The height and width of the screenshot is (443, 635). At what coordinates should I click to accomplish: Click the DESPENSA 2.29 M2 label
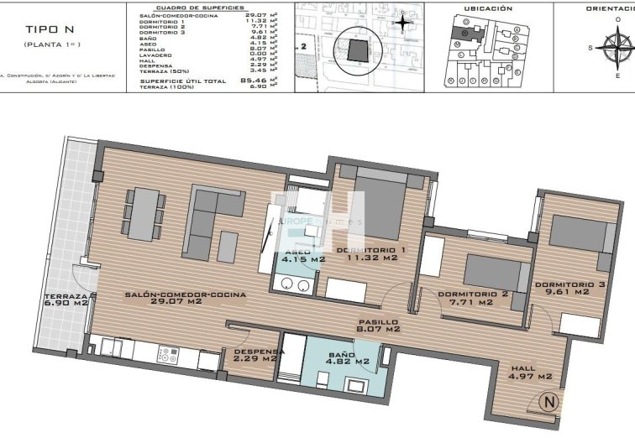pos(256,355)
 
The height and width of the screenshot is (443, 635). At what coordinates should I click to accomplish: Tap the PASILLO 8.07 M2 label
pos(376,325)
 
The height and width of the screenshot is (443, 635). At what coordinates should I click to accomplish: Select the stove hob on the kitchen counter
pos(165,354)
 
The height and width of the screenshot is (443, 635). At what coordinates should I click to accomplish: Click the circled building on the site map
pos(359,50)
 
